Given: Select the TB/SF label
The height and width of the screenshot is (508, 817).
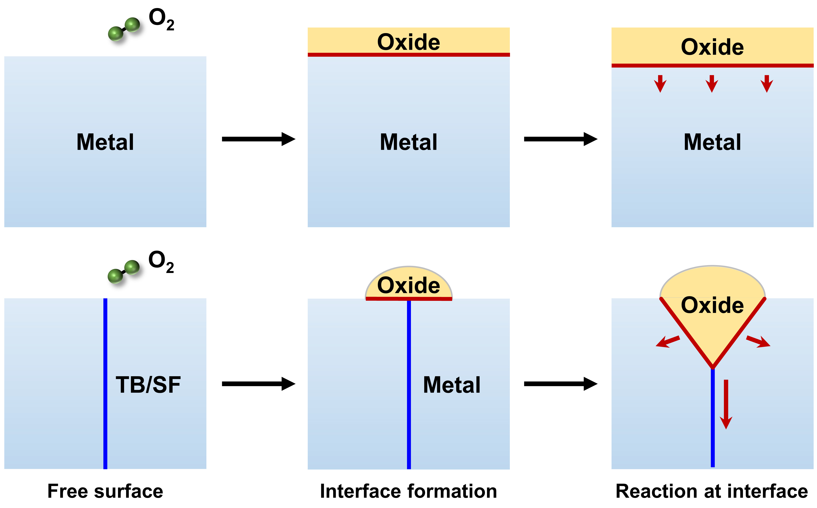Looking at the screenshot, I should coord(148,385).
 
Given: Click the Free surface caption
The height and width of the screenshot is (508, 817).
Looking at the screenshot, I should coord(105,491).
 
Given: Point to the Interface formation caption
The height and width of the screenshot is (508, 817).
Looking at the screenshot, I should coord(408,491).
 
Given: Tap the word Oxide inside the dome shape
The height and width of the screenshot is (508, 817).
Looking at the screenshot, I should coord(408,286).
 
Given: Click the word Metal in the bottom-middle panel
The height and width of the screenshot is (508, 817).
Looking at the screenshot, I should coord(451,385).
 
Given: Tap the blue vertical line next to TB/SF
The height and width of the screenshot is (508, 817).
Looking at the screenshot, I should coord(105,383).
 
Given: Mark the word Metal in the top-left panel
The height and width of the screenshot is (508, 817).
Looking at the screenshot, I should coord(105,142).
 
